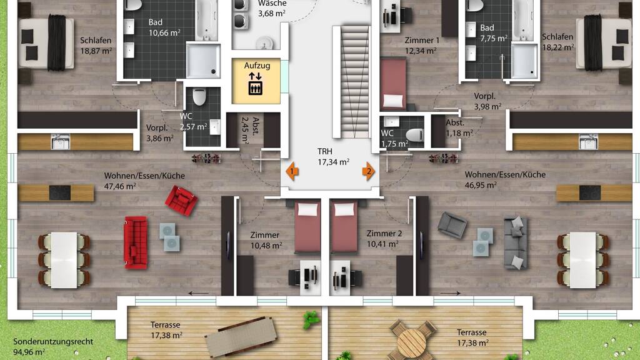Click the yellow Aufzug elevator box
[256, 81]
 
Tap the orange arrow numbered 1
[292, 171]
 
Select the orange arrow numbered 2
[368, 171]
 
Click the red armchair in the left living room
[181, 201]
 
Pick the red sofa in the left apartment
[136, 242]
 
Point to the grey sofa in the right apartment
[516, 243]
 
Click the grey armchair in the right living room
[452, 225]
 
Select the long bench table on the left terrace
[241, 337]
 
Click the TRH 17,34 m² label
[333, 157]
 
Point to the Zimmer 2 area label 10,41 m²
[382, 244]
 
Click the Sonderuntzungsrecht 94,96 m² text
[53, 346]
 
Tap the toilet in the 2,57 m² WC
[199, 97]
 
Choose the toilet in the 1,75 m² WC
[415, 135]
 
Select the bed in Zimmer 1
[394, 84]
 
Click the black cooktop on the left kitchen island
[60, 192]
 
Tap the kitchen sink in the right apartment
[588, 142]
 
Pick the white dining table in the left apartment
[64, 260]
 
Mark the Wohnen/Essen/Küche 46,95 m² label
[505, 179]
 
